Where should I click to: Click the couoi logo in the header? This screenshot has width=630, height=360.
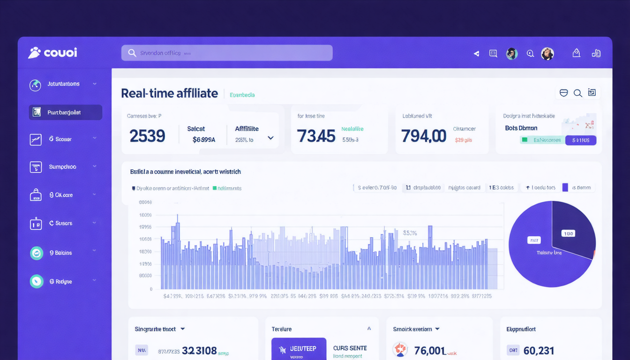[x=52, y=52]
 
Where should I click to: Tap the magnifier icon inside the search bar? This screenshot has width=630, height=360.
[x=132, y=53]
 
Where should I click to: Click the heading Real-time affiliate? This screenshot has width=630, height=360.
[x=169, y=93]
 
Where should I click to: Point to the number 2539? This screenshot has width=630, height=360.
[x=147, y=136]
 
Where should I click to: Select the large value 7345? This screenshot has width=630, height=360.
[x=316, y=136]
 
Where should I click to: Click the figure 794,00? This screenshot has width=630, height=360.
[x=423, y=136]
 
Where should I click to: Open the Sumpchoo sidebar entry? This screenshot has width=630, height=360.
[x=62, y=167]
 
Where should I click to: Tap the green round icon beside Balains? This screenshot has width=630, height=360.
[x=36, y=253]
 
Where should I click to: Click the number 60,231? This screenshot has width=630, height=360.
[x=539, y=351]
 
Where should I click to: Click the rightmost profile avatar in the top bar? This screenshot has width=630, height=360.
[x=547, y=53]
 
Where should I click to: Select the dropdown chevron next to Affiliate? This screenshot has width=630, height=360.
[x=270, y=138]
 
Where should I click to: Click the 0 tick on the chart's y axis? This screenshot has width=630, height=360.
[x=151, y=289]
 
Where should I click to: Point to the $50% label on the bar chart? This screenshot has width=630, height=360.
[x=410, y=232]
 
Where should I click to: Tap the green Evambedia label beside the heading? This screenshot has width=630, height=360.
[x=242, y=95]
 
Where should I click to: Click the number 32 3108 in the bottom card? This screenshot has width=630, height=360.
[x=199, y=351]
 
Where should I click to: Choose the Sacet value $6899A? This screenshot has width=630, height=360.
[x=204, y=139]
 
